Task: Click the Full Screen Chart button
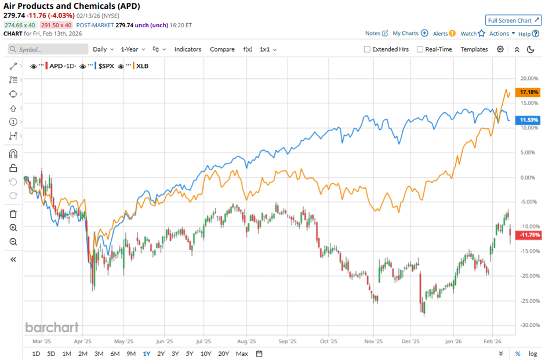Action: (513, 20)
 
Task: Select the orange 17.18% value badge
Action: (529, 92)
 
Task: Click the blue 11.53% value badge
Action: (529, 120)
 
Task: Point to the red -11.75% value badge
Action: (528, 235)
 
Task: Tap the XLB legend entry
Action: (142, 66)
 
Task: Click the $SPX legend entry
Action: (106, 66)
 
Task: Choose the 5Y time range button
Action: (190, 354)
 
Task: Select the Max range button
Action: (242, 354)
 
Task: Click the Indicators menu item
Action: (188, 49)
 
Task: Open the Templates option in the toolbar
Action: (474, 49)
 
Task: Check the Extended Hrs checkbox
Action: (367, 49)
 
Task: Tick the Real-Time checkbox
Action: (420, 49)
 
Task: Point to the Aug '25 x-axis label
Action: (247, 342)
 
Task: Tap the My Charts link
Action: (405, 34)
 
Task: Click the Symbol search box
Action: (46, 49)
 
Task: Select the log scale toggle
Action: (532, 354)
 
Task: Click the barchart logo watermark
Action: (52, 328)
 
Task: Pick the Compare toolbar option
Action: (222, 49)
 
